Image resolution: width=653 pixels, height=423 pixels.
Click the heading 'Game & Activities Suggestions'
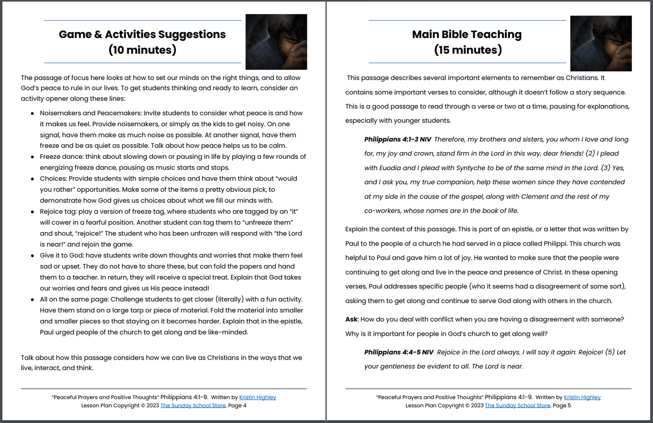142,34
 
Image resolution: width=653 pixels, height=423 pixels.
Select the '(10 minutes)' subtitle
142,50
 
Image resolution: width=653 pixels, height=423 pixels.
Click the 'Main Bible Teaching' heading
466,34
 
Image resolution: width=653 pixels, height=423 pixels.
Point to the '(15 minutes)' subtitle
468,50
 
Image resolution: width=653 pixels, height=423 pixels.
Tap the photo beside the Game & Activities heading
276,42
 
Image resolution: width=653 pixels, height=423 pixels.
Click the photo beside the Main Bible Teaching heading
601,43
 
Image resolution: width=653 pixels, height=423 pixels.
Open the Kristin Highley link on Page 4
258,397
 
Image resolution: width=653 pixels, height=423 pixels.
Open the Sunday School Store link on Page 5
517,405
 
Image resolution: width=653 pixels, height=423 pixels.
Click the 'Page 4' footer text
237,405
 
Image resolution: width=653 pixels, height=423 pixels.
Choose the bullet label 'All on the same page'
74,299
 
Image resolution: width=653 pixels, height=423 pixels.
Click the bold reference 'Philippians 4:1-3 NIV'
398,139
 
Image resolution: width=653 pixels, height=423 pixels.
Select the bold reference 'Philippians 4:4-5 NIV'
399,352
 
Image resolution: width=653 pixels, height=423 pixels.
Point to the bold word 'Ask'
351,319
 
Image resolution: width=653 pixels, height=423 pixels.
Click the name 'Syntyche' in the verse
470,168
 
